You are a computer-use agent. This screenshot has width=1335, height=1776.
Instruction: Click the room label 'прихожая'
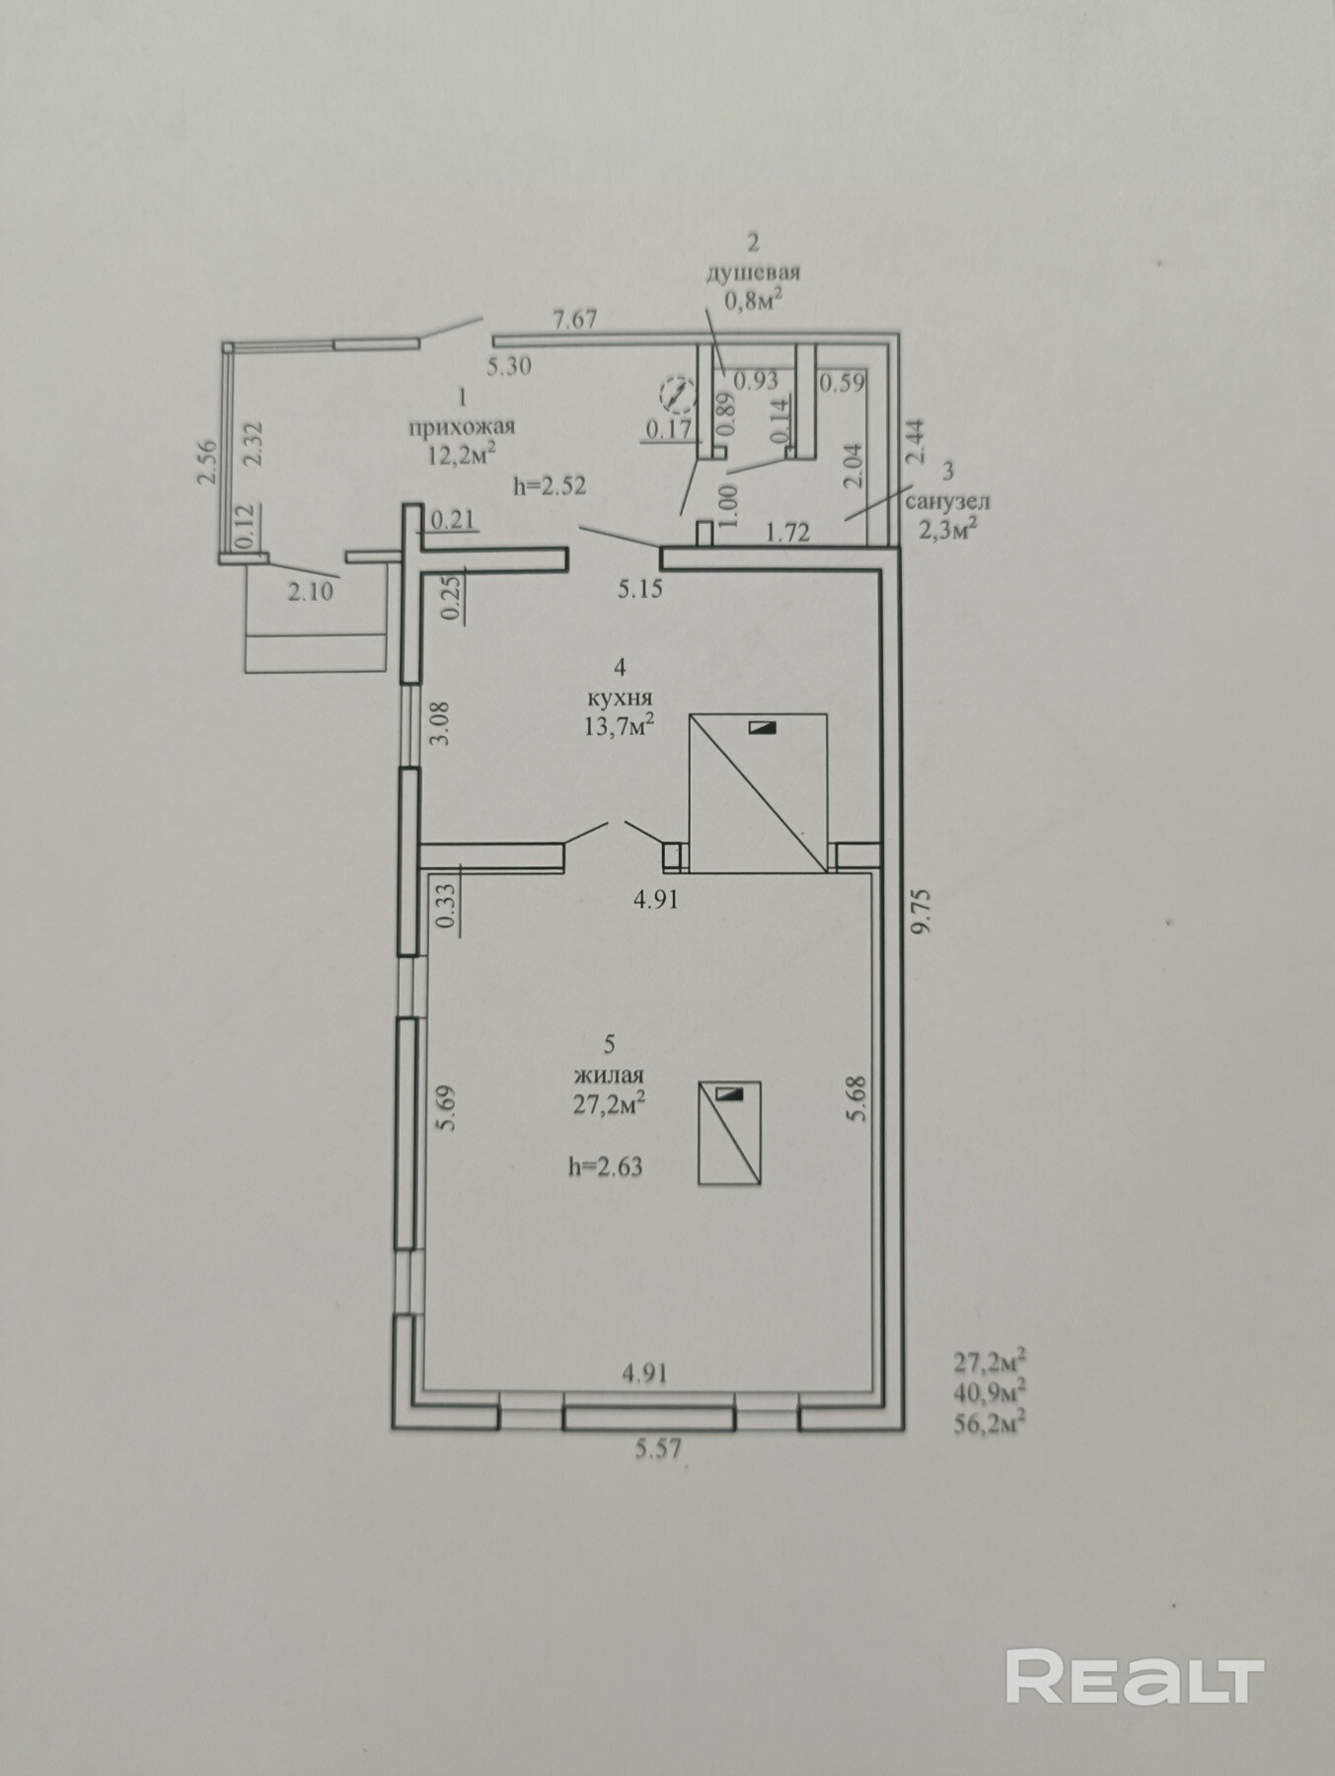click(x=462, y=426)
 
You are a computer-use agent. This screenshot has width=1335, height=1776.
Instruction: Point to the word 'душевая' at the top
click(x=753, y=272)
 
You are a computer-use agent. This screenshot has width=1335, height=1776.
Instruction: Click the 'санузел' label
click(x=949, y=501)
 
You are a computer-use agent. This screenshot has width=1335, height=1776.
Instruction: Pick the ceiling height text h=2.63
click(x=605, y=1167)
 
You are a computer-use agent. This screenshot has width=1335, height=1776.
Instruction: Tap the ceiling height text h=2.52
click(x=550, y=485)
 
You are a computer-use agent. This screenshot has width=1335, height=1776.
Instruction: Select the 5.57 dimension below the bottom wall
click(x=659, y=1449)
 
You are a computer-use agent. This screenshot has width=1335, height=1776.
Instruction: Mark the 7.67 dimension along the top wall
click(x=574, y=320)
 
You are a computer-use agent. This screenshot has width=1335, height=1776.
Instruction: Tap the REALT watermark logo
click(x=1135, y=1291)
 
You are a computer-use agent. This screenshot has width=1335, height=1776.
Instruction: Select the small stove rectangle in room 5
click(x=730, y=1133)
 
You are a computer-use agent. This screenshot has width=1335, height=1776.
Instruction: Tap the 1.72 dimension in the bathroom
click(x=788, y=533)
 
